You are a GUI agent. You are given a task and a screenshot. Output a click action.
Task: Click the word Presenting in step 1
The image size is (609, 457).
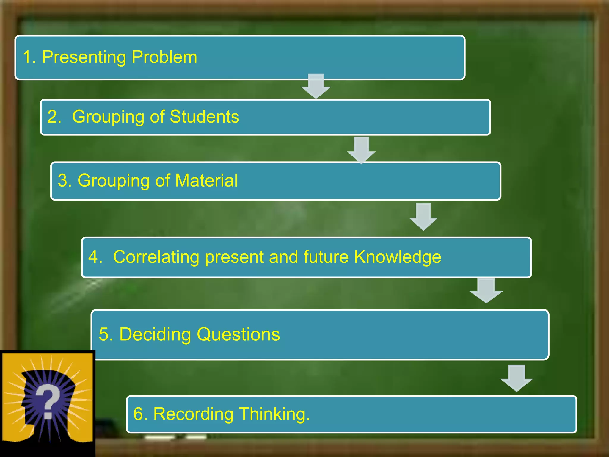pos(84,57)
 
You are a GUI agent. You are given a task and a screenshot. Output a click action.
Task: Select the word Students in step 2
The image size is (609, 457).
pos(204,116)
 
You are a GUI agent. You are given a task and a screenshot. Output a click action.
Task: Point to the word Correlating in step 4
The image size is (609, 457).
pos(156,257)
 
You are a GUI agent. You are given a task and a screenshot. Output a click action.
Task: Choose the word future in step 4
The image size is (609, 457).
pos(326,257)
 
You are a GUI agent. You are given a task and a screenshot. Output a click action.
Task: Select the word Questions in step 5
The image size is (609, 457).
pos(238,334)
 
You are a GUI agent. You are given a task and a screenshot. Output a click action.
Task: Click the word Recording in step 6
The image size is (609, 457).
pos(193,414)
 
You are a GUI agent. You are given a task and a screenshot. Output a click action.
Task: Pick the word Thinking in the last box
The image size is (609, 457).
pos(274,414)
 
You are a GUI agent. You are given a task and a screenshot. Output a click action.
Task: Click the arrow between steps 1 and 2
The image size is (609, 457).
pos(316,86)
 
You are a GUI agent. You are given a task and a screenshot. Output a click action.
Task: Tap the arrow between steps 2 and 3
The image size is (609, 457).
pos(361,150)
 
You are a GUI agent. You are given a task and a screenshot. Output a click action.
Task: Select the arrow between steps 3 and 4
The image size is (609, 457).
pos(423,216)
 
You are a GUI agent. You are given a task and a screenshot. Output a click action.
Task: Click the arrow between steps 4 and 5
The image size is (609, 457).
pos(486,290)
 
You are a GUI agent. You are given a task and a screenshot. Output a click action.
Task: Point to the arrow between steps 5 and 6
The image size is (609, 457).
pos(517,378)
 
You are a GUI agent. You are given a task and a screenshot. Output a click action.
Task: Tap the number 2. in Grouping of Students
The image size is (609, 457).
pos(54,116)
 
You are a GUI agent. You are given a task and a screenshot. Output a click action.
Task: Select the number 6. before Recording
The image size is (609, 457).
pos(140,414)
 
